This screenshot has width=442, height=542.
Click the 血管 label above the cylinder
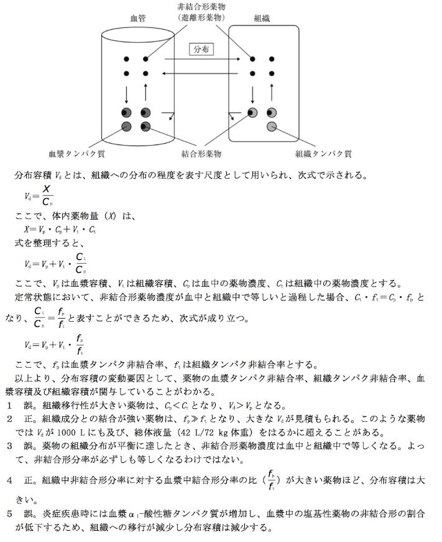(137, 19)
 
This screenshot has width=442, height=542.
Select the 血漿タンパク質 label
(76, 152)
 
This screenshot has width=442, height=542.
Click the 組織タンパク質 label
(324, 152)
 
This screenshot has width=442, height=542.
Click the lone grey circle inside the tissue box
(272, 127)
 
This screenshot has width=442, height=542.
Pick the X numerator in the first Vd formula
(47, 189)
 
